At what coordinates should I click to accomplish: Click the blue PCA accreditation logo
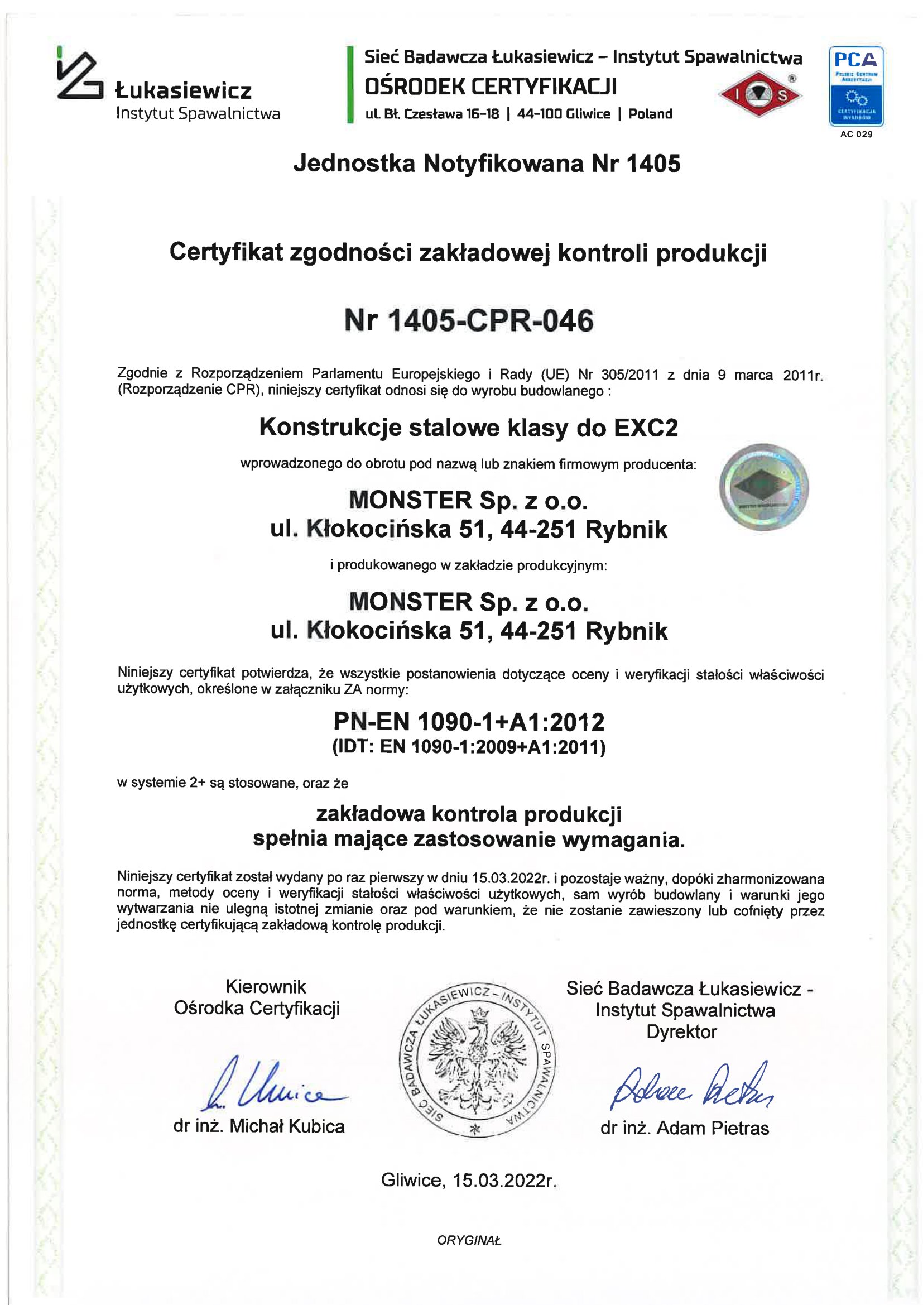[856, 86]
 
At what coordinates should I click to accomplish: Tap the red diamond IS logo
[760, 95]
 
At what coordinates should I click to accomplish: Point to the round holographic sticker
[764, 487]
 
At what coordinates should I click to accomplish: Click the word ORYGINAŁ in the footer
[469, 1241]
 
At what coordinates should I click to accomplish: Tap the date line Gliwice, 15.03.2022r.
[469, 1181]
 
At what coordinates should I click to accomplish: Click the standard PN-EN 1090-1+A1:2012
[469, 722]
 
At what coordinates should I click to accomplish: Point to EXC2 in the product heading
[646, 428]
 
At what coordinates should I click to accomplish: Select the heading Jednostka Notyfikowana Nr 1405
[487, 164]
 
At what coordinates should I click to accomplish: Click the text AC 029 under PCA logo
[856, 135]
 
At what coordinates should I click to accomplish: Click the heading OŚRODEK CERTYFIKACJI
[491, 87]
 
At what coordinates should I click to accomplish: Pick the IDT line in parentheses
[469, 747]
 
